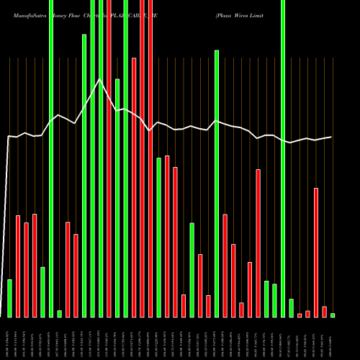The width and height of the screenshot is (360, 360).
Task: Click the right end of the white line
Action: [332, 137]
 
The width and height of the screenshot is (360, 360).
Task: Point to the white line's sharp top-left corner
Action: [9, 136]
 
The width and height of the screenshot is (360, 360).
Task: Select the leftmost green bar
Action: [9, 298]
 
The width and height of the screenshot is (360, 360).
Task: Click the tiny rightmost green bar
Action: [333, 315]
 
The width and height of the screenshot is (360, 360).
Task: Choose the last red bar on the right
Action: [325, 311]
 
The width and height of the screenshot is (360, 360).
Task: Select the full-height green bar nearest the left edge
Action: [51, 158]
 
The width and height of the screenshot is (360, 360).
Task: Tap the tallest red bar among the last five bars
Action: [316, 252]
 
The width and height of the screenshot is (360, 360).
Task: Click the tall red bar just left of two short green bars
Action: [258, 243]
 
